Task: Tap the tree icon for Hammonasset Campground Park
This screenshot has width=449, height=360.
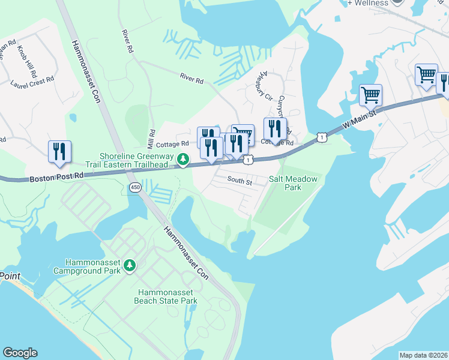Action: point(130,265)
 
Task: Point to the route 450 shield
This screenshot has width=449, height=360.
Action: point(134,188)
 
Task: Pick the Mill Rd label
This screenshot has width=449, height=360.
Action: point(151,140)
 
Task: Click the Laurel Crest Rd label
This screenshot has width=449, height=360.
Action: point(32,79)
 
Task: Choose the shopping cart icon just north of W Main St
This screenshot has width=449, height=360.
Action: point(370,95)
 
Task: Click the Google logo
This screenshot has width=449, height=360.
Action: point(20,353)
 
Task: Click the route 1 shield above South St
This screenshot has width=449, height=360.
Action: point(247,160)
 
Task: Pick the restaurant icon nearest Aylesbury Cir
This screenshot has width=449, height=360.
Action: point(275,129)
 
